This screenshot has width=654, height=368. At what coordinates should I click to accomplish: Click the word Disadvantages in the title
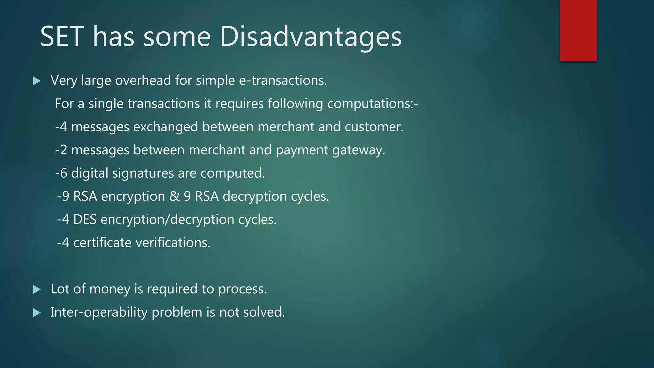[x=310, y=37]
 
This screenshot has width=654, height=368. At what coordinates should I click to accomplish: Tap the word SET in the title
[x=62, y=37]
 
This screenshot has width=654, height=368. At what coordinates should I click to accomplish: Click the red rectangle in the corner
[x=578, y=31]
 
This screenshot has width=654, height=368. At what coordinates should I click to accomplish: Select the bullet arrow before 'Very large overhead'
[x=37, y=81]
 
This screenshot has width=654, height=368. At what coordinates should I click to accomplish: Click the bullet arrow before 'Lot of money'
[x=37, y=290]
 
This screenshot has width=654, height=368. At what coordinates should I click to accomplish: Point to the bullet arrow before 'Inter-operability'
[x=37, y=313]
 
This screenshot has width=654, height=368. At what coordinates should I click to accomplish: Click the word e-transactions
[x=283, y=80]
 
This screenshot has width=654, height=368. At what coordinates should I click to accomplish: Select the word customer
[x=374, y=127]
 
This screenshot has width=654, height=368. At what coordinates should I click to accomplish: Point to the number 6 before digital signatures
[x=64, y=173]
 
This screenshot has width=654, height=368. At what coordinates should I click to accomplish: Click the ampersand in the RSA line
[x=174, y=196]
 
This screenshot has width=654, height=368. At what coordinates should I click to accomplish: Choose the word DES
[x=85, y=220]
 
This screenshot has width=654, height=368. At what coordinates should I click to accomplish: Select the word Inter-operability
[x=99, y=312]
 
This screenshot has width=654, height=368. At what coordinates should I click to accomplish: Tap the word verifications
[x=173, y=243]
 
